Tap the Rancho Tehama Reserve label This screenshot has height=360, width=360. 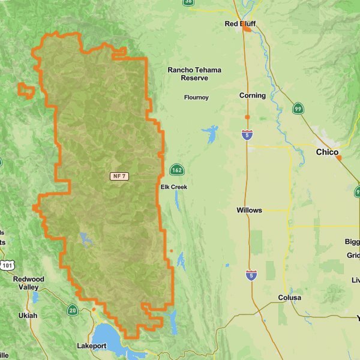click(194, 74)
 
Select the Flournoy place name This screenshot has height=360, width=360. click(196, 97)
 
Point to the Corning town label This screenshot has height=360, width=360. click(252, 95)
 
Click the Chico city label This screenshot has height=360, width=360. click(327, 152)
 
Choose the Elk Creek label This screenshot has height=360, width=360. click(174, 187)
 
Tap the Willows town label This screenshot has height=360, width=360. click(249, 211)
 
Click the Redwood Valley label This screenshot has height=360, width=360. click(29, 283)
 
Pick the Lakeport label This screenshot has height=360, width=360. click(92, 346)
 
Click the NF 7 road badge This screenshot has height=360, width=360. click(119, 176)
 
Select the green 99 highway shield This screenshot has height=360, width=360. click(298, 109)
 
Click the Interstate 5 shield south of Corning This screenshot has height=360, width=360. click(247, 135)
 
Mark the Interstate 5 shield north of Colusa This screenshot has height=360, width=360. click(251, 275)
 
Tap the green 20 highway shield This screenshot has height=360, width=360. click(73, 310)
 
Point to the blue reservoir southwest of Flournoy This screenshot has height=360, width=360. click(211, 133)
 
